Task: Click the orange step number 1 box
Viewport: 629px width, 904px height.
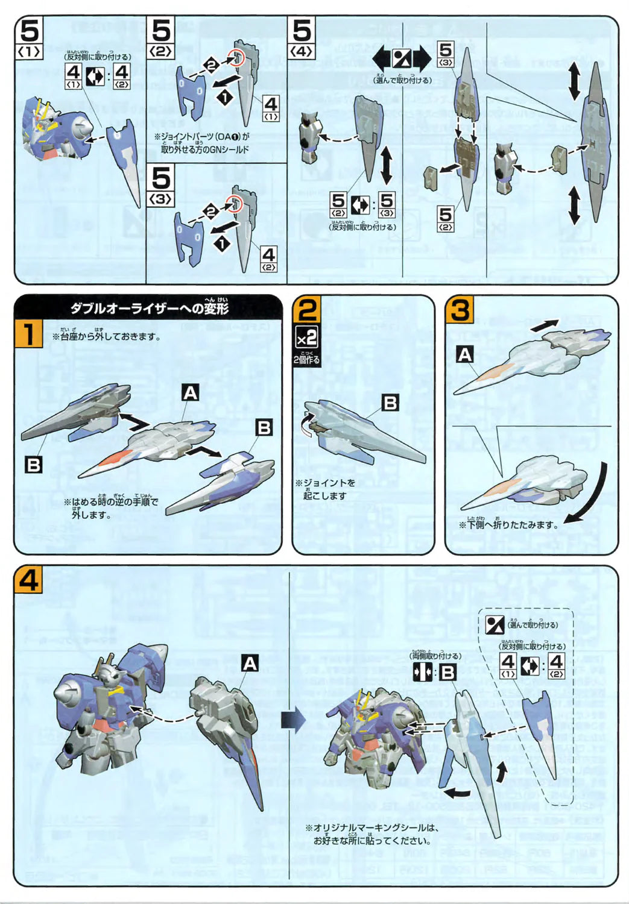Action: [x=28, y=333]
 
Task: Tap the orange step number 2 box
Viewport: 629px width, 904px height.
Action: [x=307, y=310]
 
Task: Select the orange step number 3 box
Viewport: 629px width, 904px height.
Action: [x=460, y=310]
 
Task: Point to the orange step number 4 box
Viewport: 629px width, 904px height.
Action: [x=29, y=580]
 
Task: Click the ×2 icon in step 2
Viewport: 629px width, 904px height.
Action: [x=306, y=337]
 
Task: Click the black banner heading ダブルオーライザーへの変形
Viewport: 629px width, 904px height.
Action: [x=149, y=308]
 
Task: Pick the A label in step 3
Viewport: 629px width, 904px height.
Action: [x=464, y=355]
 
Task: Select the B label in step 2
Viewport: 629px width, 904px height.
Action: [x=391, y=403]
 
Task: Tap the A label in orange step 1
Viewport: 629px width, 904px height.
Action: [x=191, y=393]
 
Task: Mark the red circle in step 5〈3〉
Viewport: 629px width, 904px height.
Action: [x=236, y=204]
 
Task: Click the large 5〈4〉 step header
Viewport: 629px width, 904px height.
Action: [x=302, y=37]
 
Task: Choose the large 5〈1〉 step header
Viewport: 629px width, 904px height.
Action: [x=30, y=37]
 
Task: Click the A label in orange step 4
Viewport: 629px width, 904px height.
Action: [x=250, y=664]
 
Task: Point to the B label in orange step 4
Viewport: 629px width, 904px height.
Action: [x=447, y=672]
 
